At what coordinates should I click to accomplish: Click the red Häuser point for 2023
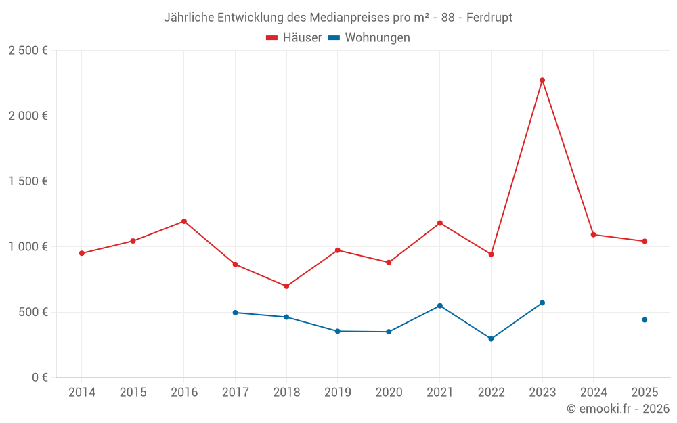click(542, 80)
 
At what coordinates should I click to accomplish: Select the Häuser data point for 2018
click(286, 286)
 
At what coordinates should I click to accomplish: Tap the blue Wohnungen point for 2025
click(645, 319)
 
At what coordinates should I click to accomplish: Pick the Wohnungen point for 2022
click(491, 338)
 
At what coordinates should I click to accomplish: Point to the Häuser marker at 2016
click(184, 221)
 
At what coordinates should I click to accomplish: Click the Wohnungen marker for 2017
click(235, 313)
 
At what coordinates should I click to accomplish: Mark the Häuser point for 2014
click(82, 253)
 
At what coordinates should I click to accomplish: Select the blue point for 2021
click(440, 306)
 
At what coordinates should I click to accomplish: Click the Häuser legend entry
click(294, 38)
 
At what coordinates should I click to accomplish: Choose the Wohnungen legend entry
click(369, 38)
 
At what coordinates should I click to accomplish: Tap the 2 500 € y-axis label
click(28, 51)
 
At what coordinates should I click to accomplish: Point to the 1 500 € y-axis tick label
click(28, 181)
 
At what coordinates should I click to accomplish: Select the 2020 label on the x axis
click(389, 393)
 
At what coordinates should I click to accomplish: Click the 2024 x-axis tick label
click(593, 393)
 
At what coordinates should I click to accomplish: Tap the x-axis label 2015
click(133, 393)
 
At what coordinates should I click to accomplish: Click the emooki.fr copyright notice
click(617, 409)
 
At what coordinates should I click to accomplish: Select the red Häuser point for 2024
click(593, 235)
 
